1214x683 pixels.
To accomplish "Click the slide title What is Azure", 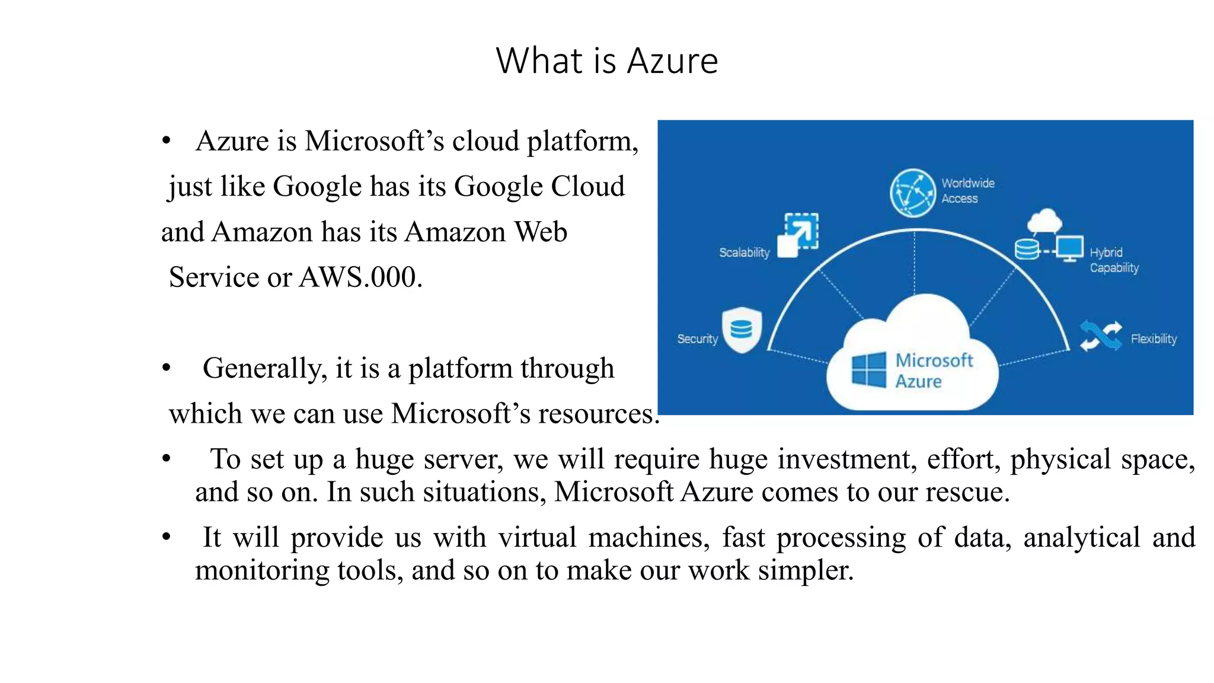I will tap(606, 60).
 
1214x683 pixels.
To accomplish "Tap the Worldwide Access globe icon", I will tap(912, 193).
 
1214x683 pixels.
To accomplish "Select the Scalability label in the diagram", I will tap(744, 253).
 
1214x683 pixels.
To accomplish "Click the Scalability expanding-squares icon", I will tap(798, 235).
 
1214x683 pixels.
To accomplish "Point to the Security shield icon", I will tap(742, 330).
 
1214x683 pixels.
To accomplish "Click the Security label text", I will tap(697, 339).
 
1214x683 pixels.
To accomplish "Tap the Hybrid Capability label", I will tap(1114, 260).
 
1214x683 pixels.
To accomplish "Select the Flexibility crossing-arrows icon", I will tap(1100, 336).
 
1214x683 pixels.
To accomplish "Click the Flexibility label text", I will tap(1153, 339).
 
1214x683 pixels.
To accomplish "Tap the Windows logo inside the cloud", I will tap(868, 370).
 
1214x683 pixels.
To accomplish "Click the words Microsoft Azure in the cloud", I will tap(933, 371).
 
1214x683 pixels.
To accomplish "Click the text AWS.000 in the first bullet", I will tap(360, 277).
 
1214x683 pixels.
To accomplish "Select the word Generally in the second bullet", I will tap(264, 369).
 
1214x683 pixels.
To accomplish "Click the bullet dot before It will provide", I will tap(167, 537).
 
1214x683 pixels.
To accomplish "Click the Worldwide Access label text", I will tap(967, 191).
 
